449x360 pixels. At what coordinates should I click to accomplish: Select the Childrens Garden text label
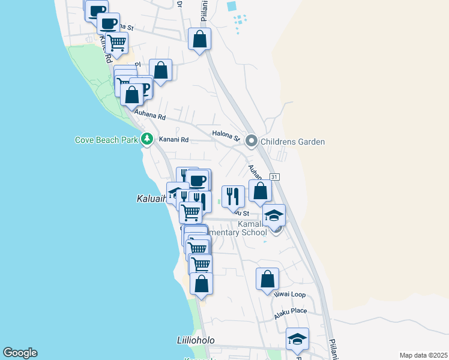click(292, 142)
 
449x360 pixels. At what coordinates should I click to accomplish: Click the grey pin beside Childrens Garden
click(252, 142)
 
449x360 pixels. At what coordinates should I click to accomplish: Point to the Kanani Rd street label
click(174, 140)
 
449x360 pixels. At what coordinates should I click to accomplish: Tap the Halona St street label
click(226, 134)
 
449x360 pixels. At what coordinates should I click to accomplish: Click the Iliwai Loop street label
click(291, 295)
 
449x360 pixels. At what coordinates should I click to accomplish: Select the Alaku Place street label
click(291, 311)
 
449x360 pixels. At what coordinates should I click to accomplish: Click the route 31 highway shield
click(275, 177)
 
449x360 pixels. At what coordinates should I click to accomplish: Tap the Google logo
click(20, 353)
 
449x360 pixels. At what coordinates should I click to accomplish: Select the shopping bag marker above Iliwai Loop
click(267, 278)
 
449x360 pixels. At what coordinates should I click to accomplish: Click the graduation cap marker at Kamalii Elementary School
click(274, 215)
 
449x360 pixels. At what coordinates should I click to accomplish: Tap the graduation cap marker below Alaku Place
click(297, 339)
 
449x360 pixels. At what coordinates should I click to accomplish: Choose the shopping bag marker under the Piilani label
click(200, 40)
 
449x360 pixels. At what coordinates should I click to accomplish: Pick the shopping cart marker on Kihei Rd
click(116, 42)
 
